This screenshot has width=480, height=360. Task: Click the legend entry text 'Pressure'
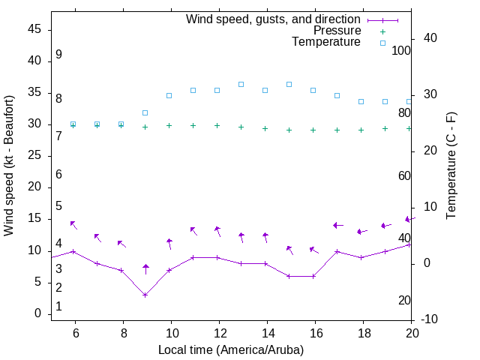pos(337,31)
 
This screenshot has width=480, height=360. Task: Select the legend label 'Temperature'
pos(326,42)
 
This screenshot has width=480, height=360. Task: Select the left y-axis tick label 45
pos(35,29)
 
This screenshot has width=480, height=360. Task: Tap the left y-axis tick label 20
pos(35,187)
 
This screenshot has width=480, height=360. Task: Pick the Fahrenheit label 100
pos(401,50)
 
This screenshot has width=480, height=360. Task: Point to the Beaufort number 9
pos(58,55)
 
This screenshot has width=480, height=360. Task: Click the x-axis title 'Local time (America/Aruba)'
pos(231,349)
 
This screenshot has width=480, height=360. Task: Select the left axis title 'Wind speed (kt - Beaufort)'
pos(9,165)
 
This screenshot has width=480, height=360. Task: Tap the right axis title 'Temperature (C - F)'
pos(451,165)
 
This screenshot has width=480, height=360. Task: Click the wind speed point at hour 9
pos(145,295)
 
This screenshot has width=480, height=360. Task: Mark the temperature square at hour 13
pos(241,84)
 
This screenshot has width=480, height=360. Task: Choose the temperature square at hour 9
pos(145,112)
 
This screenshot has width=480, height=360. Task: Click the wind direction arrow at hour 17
pos(337,225)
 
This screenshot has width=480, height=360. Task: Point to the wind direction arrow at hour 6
pos(73,224)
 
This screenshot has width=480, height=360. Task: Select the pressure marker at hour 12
pos(217,125)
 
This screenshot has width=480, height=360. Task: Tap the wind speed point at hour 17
pos(337,251)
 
